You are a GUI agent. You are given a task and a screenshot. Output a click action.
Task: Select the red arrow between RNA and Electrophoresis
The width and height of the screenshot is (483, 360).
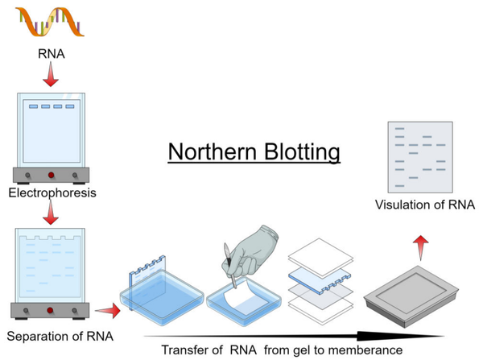click(50, 77)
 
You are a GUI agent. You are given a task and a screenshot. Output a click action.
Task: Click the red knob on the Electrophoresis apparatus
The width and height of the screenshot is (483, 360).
click(51, 176)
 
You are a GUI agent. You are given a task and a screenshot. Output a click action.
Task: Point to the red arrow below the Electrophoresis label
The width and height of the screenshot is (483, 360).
click(50, 213)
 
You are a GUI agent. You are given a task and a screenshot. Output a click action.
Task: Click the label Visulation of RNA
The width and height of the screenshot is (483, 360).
click(424, 205)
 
